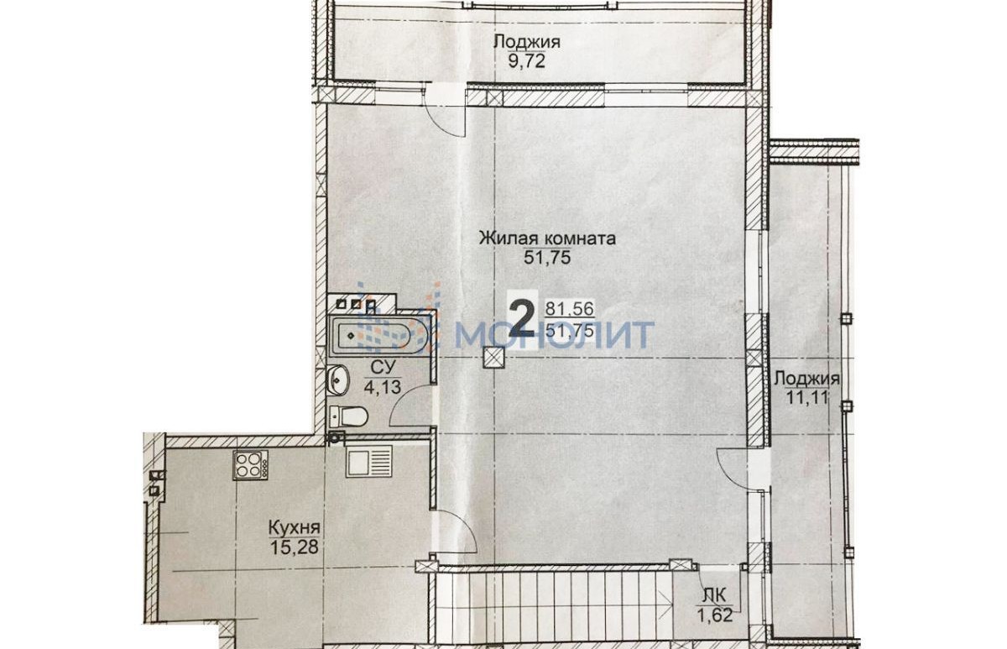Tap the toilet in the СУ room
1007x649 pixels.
pyautogui.click(x=349, y=416)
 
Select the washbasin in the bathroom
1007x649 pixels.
pyautogui.click(x=338, y=380)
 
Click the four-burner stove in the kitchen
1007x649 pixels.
pyautogui.click(x=250, y=465)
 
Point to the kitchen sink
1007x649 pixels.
pyautogui.click(x=368, y=461)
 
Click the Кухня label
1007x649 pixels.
pyautogui.click(x=294, y=527)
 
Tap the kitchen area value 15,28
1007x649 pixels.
pyautogui.click(x=295, y=547)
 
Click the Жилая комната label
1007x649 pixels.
pyautogui.click(x=547, y=238)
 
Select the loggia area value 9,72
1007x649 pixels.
pyautogui.click(x=526, y=60)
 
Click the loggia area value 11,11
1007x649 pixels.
pyautogui.click(x=806, y=398)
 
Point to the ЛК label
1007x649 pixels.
pyautogui.click(x=714, y=596)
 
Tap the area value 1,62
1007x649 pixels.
pyautogui.click(x=715, y=615)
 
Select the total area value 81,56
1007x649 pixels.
pyautogui.click(x=570, y=308)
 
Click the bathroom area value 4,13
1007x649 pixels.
pyautogui.click(x=382, y=387)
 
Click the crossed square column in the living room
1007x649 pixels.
pyautogui.click(x=494, y=358)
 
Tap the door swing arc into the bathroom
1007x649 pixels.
pyautogui.click(x=401, y=398)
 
